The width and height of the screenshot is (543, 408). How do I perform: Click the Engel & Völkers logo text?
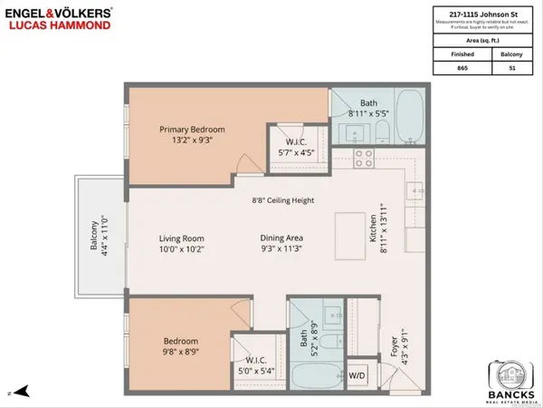[60, 15]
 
